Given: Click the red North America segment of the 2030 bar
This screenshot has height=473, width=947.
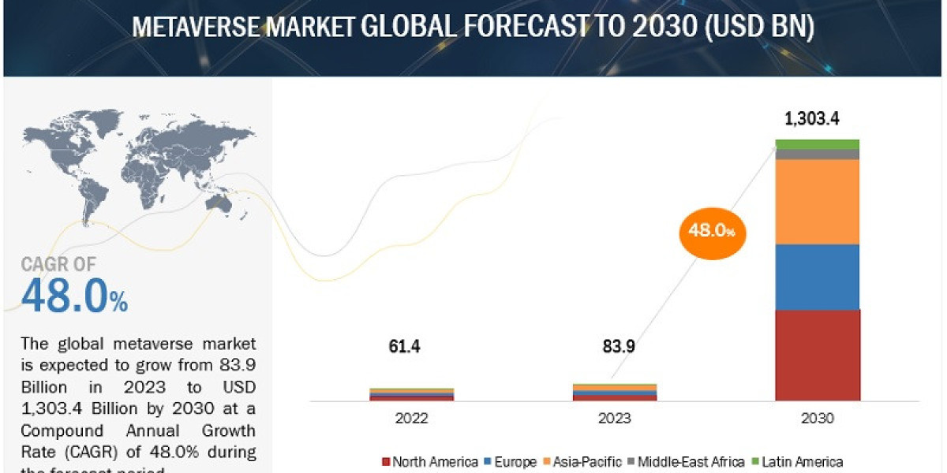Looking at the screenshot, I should pyautogui.click(x=817, y=355).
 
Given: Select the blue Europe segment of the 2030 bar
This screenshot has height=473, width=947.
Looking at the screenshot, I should pyautogui.click(x=817, y=277).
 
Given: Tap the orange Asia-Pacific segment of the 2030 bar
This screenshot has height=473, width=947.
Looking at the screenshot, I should pyautogui.click(x=817, y=202).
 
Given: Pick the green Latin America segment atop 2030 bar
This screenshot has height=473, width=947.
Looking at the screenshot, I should pyautogui.click(x=817, y=144).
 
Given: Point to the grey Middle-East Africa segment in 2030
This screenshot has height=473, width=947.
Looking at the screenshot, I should pyautogui.click(x=817, y=155).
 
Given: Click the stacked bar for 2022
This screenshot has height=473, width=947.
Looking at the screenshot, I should pyautogui.click(x=411, y=394).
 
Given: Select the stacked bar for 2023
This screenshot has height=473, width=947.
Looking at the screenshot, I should pyautogui.click(x=614, y=392).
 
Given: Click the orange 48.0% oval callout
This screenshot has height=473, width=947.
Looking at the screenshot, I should pyautogui.click(x=713, y=231).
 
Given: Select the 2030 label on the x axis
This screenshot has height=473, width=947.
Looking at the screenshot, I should pyautogui.click(x=817, y=419).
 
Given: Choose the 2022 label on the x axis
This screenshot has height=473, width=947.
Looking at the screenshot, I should pyautogui.click(x=411, y=419).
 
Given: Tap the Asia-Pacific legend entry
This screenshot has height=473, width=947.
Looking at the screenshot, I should pyautogui.click(x=583, y=462).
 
